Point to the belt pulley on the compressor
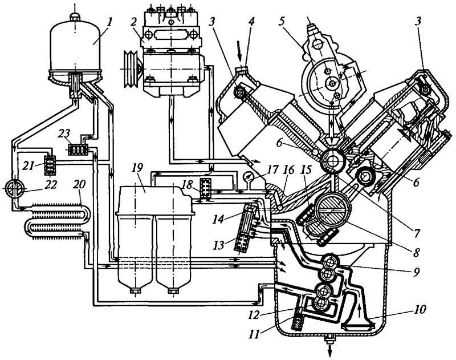pos(131,68)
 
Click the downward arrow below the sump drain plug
pos(331,350)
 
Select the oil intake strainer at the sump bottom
pos(357,325)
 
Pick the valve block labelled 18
pos(206,189)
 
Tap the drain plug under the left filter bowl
pos(136,291)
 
